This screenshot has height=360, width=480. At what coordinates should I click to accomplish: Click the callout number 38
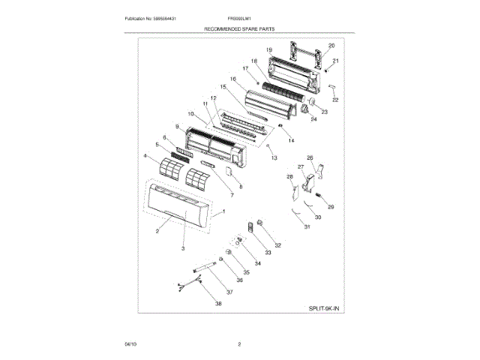coord(218,304)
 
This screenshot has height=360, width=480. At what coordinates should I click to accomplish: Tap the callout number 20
coord(331,46)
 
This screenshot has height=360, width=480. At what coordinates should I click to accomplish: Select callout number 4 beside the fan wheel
coord(145,156)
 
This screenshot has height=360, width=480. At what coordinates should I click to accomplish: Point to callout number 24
coord(313,119)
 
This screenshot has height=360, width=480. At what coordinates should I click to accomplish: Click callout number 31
coord(306,227)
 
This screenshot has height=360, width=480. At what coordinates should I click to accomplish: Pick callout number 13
coord(274,158)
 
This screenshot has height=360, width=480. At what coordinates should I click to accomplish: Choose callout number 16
coord(233,79)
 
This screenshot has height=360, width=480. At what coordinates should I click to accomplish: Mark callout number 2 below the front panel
coord(157,232)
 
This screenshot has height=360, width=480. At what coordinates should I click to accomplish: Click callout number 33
coord(267,253)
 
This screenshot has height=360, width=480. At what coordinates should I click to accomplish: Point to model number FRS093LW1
coord(240,16)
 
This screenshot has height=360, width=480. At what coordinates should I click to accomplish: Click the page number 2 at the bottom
coord(239,344)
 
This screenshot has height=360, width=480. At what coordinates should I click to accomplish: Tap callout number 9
coord(178,127)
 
